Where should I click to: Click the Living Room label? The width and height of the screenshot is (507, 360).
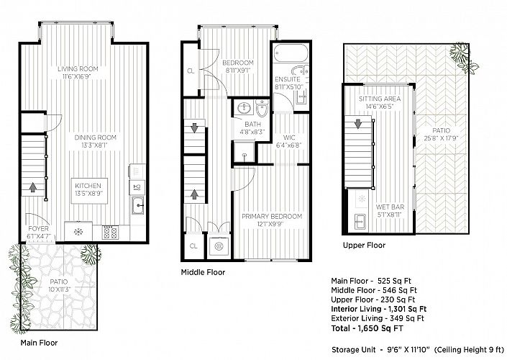click(78, 68)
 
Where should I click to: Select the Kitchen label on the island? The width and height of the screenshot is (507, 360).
click(88, 186)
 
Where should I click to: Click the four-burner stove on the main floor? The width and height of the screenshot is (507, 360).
click(110, 233)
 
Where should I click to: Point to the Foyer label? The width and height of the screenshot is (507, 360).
click(39, 228)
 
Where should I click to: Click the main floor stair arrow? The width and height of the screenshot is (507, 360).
click(32, 187)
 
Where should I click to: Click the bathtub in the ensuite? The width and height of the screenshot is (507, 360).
click(290, 53)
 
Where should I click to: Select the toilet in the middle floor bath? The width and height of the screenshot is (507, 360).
click(262, 108)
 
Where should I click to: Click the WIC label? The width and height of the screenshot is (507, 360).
click(289, 138)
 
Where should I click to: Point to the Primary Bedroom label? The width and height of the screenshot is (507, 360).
click(272, 216)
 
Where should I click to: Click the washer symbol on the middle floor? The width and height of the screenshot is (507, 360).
click(219, 246)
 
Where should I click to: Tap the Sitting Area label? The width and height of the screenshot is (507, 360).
click(380, 99)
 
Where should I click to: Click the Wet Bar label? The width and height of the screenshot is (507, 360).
click(390, 207)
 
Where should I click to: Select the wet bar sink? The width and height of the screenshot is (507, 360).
click(360, 222)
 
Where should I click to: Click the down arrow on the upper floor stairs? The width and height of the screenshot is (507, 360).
click(358, 124)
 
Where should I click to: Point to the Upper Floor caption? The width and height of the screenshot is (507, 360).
click(364, 245)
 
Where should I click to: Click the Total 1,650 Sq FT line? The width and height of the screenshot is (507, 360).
click(367, 328)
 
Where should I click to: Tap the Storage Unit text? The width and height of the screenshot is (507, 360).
click(353, 350)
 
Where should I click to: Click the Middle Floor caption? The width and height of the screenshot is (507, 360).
click(203, 272)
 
